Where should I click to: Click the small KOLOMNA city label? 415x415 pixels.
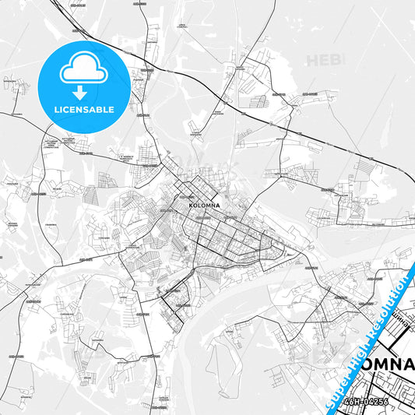click(x=205, y=206)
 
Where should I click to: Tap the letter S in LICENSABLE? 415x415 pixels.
click(x=88, y=109)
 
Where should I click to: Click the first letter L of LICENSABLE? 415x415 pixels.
click(x=55, y=109)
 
